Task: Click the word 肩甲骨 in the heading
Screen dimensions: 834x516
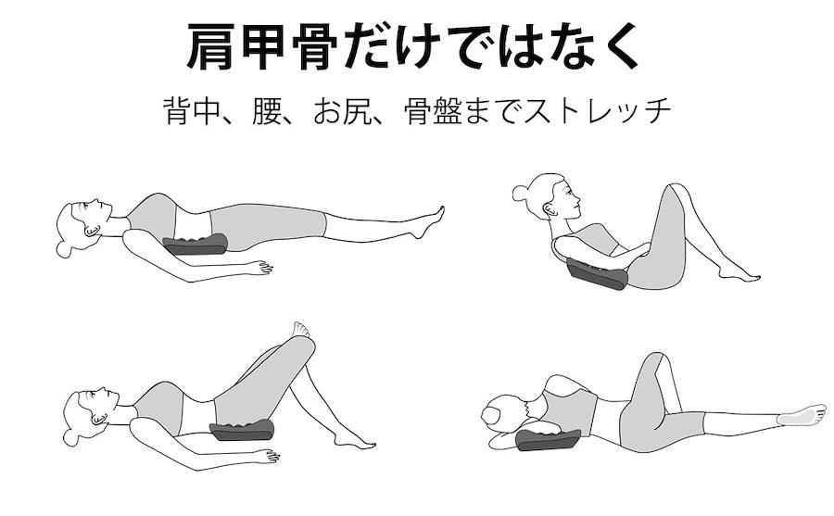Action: (x=261, y=47)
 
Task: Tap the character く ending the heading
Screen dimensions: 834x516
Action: (x=619, y=47)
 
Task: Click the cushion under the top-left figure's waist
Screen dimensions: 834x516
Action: (x=196, y=245)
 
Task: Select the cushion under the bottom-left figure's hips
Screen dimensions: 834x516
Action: (x=243, y=430)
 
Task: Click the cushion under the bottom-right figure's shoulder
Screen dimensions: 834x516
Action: (x=548, y=439)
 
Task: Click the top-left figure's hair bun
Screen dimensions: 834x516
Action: (x=64, y=249)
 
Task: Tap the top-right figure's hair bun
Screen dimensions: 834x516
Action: (x=521, y=193)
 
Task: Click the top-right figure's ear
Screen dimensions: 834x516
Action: (x=549, y=209)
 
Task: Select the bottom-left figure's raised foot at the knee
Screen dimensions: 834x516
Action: (x=301, y=330)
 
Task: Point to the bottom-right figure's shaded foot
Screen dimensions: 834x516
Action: (x=801, y=414)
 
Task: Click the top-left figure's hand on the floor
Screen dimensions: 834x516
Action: (x=259, y=267)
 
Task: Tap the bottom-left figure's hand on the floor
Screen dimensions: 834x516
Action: (x=266, y=456)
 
